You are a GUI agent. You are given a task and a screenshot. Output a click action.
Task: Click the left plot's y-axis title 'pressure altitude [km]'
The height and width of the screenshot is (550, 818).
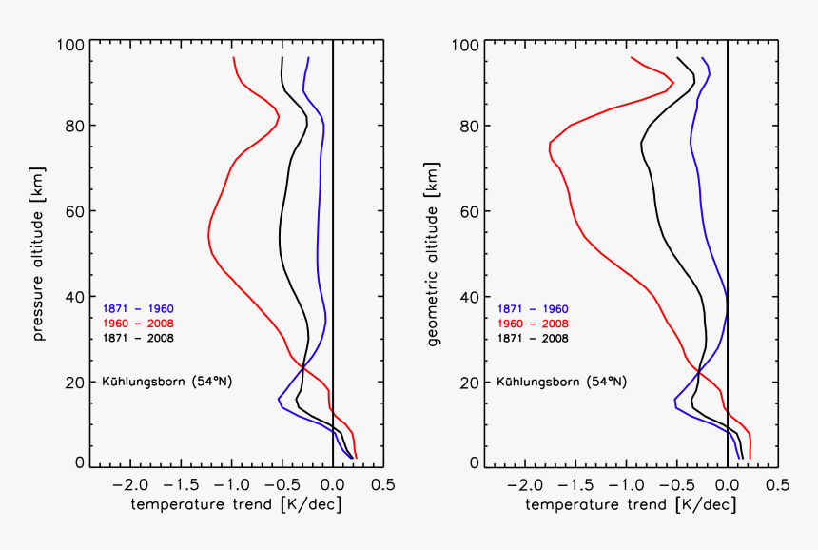pyautogui.click(x=39, y=253)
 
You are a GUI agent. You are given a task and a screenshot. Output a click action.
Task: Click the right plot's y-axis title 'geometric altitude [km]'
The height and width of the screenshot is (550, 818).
pyautogui.click(x=434, y=253)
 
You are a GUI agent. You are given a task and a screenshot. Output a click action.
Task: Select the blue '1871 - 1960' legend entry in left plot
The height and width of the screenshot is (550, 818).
pyautogui.click(x=137, y=309)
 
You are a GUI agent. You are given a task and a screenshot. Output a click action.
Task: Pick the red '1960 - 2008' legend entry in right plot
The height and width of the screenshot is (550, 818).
pyautogui.click(x=532, y=324)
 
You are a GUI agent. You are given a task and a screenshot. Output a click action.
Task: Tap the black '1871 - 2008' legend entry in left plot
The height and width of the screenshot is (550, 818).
pyautogui.click(x=137, y=338)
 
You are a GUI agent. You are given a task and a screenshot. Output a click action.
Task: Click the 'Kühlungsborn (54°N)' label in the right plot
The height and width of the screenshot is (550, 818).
pyautogui.click(x=561, y=383)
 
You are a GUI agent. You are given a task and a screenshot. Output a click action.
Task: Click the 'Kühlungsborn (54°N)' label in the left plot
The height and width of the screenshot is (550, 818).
pyautogui.click(x=166, y=383)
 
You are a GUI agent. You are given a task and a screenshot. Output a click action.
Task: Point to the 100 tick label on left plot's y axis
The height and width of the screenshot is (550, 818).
pyautogui.click(x=71, y=45)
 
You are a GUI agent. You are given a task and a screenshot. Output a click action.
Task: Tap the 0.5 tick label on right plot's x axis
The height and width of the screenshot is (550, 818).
pyautogui.click(x=777, y=484)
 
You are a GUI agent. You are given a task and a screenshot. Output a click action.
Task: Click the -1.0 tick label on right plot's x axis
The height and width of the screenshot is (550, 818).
pyautogui.click(x=622, y=484)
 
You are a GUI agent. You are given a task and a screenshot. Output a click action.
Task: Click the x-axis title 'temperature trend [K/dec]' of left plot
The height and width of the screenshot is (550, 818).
pyautogui.click(x=235, y=503)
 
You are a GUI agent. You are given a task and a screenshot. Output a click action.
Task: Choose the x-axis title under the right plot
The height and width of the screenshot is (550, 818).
pyautogui.click(x=630, y=503)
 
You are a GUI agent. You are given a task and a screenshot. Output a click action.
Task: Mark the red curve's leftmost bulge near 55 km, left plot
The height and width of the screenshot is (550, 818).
pyautogui.click(x=208, y=235)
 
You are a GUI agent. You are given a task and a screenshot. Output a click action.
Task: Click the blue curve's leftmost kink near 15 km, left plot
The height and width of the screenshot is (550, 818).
pyautogui.click(x=278, y=399)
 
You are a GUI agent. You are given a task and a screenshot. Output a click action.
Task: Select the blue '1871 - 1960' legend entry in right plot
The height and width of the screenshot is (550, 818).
pyautogui.click(x=532, y=309)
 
